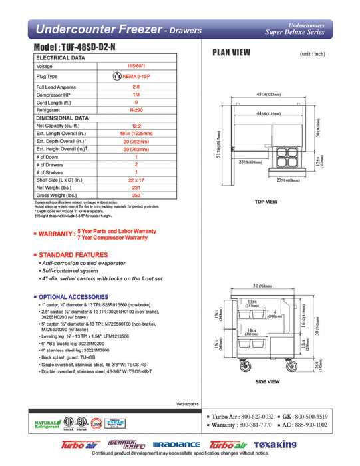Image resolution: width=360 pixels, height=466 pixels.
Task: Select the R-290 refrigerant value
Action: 136,109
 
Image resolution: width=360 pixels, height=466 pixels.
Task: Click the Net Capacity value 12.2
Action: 136,125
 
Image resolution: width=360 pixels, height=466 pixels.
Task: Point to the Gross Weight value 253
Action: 136,196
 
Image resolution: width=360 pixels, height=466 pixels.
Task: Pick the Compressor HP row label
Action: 55,95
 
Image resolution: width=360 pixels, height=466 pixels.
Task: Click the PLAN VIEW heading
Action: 231,53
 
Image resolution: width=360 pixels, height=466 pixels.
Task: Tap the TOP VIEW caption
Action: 266,202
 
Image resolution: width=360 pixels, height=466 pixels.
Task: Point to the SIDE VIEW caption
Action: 266,382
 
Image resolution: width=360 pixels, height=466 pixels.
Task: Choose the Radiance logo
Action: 177,445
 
